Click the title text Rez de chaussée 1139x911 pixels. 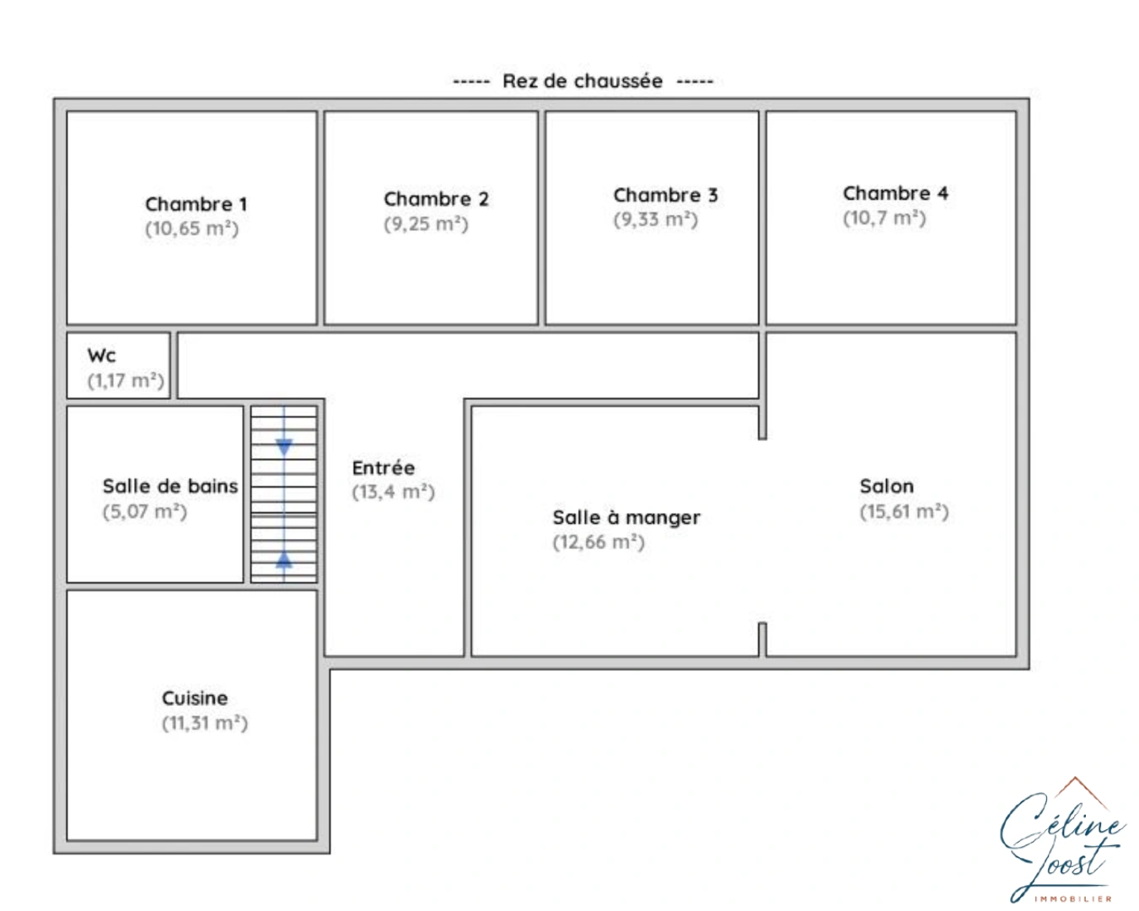[583, 81]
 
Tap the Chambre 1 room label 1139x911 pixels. [196, 204]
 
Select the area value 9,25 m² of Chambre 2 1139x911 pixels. [426, 224]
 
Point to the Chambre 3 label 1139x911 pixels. [665, 195]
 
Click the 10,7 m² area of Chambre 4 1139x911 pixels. [884, 218]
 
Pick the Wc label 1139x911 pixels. [101, 355]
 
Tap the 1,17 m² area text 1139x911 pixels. [126, 380]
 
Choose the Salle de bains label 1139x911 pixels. [170, 486]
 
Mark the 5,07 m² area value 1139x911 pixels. [144, 512]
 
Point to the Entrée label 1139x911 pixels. [384, 467]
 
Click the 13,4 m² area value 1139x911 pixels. [393, 492]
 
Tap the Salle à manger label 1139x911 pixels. [626, 517]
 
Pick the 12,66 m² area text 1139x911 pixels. [599, 542]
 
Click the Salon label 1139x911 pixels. [887, 486]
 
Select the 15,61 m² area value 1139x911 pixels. [904, 512]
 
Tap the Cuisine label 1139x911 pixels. [195, 698]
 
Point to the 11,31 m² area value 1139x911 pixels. [205, 723]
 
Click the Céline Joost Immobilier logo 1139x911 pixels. [1063, 841]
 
